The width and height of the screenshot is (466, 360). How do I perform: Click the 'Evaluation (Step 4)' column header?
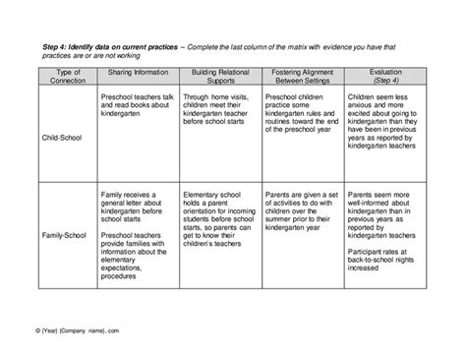coord(384,78)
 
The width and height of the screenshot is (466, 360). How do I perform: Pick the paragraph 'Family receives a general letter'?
coord(138,209)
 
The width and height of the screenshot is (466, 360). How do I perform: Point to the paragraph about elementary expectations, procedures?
coord(138,258)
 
